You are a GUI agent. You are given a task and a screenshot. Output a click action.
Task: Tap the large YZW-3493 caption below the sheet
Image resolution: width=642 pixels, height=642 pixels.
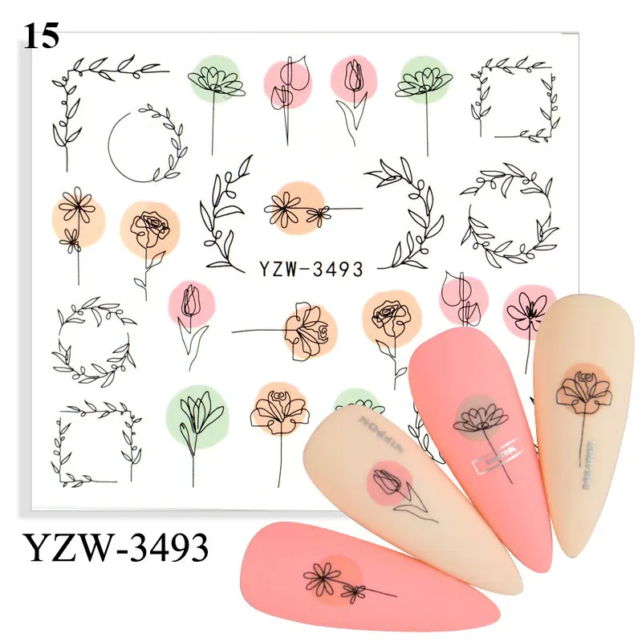pyautogui.click(x=117, y=549)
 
